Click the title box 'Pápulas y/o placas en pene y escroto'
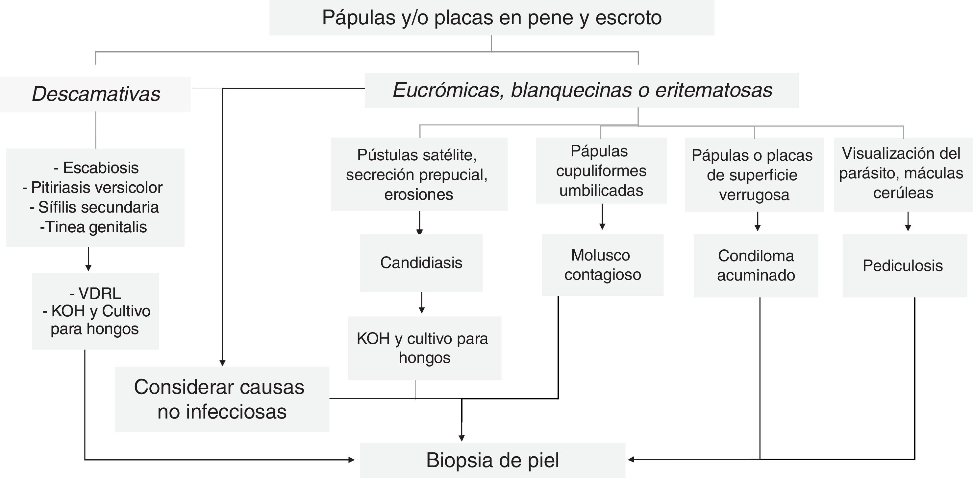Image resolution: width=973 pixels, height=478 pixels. pyautogui.click(x=491, y=17)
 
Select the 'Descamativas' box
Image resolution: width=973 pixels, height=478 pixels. pyautogui.click(x=96, y=94)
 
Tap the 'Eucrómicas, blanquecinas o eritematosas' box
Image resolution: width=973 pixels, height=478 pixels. pyautogui.click(x=582, y=90)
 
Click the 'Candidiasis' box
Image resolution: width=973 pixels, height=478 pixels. pyautogui.click(x=421, y=262)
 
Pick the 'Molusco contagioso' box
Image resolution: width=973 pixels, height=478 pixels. pyautogui.click(x=603, y=265)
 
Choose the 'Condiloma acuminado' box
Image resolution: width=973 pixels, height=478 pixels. pyautogui.click(x=756, y=265)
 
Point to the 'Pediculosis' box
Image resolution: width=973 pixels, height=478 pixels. pyautogui.click(x=903, y=265)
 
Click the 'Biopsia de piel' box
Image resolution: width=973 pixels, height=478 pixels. pyautogui.click(x=492, y=460)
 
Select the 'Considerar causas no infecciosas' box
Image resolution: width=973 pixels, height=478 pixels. pyautogui.click(x=222, y=399)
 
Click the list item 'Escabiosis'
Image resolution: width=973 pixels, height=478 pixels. pyautogui.click(x=97, y=168)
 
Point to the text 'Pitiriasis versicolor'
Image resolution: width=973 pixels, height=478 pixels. pyautogui.click(x=93, y=188)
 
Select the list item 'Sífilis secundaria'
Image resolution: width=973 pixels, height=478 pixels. pyautogui.click(x=94, y=207)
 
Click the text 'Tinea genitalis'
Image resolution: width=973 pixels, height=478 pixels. pyautogui.click(x=94, y=227)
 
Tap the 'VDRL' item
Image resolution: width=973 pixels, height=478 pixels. pyautogui.click(x=96, y=293)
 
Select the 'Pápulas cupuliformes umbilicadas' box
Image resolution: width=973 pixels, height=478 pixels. pyautogui.click(x=601, y=171)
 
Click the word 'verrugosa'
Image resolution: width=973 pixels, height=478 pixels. pyautogui.click(x=754, y=195)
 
